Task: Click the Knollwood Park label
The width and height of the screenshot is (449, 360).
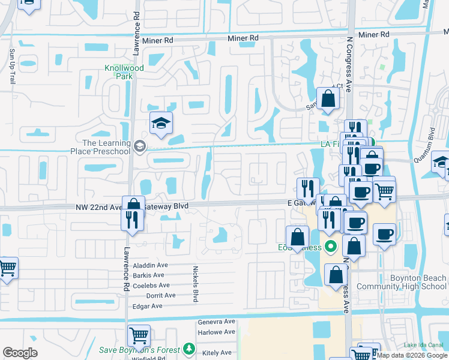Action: [124, 73]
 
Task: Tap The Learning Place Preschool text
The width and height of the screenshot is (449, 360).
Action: [106, 147]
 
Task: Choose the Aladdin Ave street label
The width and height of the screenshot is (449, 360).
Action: [151, 265]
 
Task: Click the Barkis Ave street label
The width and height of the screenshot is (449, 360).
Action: [149, 275]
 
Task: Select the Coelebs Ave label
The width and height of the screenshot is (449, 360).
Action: [152, 286]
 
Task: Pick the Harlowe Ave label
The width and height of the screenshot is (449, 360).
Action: [216, 332]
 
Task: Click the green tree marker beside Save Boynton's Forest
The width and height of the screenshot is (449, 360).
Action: [190, 349]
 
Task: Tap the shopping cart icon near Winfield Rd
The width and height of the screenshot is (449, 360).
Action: [139, 334]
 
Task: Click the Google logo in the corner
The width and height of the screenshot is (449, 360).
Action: [20, 353]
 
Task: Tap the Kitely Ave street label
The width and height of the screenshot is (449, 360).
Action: [217, 353]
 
